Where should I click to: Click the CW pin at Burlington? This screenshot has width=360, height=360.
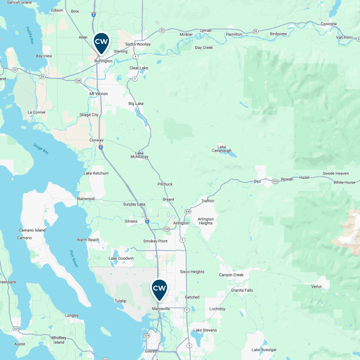101,43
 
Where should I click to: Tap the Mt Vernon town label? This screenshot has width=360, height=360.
99,93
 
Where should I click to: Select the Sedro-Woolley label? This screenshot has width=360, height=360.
138,44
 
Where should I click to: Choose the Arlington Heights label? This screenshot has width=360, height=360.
206,221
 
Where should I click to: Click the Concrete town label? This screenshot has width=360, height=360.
329,24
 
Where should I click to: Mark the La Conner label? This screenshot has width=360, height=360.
36,112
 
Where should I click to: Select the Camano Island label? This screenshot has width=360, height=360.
32,230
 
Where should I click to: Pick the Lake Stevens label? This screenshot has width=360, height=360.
204,330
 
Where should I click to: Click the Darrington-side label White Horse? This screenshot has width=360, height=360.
344,182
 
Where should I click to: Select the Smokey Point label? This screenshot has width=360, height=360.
155,241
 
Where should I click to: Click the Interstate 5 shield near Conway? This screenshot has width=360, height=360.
100,147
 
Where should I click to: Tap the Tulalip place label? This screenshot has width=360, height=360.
120,300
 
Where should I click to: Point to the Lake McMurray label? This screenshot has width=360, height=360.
139,154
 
